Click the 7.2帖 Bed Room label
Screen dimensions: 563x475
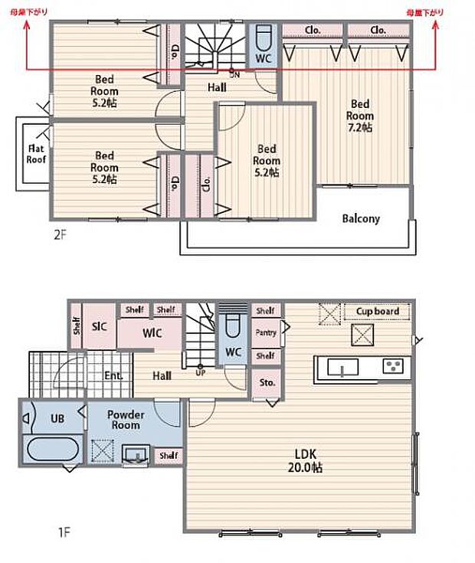point(360,116)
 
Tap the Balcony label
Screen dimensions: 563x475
point(360,218)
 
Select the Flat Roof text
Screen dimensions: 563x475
point(35,155)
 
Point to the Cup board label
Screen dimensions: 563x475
point(377,312)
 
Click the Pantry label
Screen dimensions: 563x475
point(265,333)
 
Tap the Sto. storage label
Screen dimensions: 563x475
point(267,382)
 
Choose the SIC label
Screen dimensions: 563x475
point(100,326)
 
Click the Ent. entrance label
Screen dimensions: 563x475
point(113,376)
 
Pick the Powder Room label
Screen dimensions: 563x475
point(125,419)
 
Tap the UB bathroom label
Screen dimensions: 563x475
point(57,418)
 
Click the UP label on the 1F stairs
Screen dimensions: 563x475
point(200,373)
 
